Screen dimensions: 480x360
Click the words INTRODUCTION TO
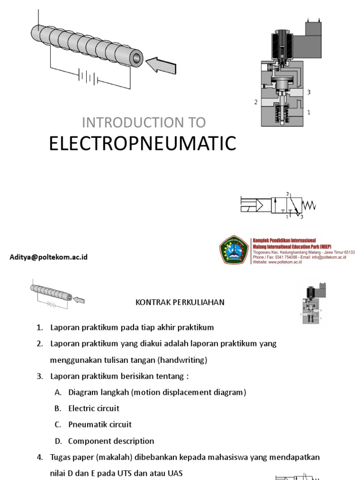144,122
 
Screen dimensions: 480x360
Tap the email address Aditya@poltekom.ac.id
49,257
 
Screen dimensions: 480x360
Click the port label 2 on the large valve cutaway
255,102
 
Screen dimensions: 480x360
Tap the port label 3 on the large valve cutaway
308,92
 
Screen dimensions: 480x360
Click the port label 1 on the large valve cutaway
308,112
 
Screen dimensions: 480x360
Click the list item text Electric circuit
94,408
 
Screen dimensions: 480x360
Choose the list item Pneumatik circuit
100,425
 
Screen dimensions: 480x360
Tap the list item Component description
111,441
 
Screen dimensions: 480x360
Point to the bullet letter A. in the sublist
58,392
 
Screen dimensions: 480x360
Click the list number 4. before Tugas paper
40,457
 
